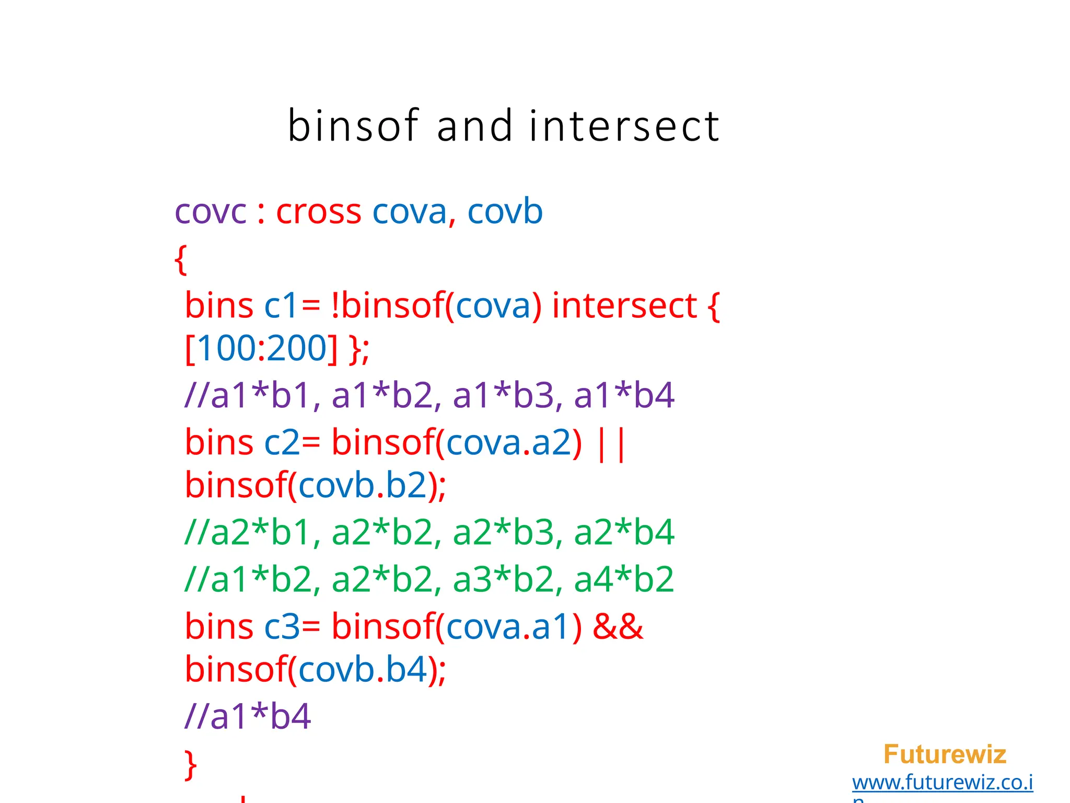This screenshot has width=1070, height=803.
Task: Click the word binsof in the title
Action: (x=353, y=126)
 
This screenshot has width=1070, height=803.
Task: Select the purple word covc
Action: (x=210, y=212)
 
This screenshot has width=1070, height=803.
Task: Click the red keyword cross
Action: (x=318, y=212)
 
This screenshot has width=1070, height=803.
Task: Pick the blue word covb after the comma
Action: (x=505, y=212)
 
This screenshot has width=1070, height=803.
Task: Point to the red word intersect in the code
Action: (x=624, y=305)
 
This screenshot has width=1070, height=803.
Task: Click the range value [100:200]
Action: (x=261, y=348)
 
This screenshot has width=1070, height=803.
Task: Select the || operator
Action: (x=610, y=443)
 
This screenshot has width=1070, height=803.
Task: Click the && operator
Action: (x=618, y=626)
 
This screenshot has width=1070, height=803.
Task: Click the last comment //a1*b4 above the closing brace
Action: (x=248, y=716)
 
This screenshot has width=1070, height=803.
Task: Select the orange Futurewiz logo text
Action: (x=945, y=754)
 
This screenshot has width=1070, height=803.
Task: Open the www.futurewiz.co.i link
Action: (x=943, y=783)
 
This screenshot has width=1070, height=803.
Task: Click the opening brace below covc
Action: (x=181, y=259)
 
